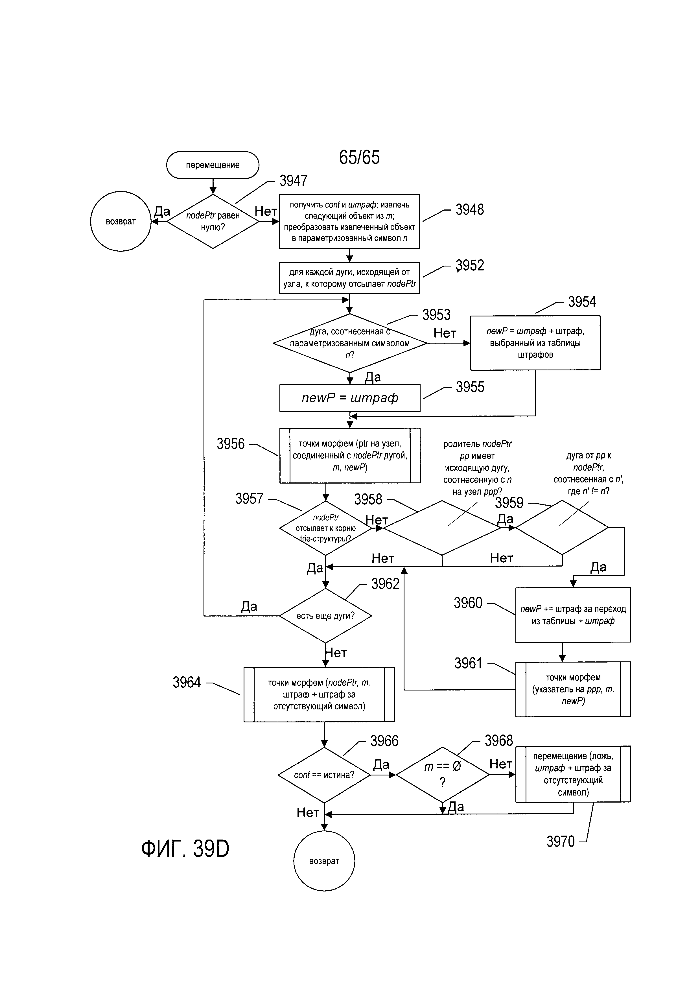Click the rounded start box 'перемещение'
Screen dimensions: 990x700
pyautogui.click(x=213, y=165)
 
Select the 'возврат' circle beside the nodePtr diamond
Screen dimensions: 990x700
pyautogui.click(x=121, y=221)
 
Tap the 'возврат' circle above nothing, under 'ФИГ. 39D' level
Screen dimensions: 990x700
pyautogui.click(x=324, y=861)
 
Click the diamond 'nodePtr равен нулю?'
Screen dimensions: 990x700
pyautogui.click(x=213, y=221)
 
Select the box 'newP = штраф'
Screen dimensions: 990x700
pyautogui.click(x=349, y=397)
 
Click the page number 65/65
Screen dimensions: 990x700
pyautogui.click(x=359, y=158)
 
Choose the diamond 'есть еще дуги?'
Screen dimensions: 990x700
pyautogui.click(x=325, y=616)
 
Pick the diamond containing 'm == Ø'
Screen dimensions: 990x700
pyautogui.click(x=442, y=774)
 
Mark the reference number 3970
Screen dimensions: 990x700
pyautogui.click(x=560, y=841)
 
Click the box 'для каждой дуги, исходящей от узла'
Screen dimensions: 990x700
pyautogui.click(x=349, y=278)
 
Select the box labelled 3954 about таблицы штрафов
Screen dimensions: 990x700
pyautogui.click(x=535, y=343)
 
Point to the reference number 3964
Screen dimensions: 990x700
pyautogui.click(x=187, y=682)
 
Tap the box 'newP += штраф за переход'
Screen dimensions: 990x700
pyautogui.click(x=573, y=615)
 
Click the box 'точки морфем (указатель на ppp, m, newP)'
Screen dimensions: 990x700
pyautogui.click(x=573, y=689)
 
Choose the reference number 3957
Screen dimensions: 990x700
pyautogui.click(x=249, y=499)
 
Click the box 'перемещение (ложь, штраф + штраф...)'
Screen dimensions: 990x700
pyautogui.click(x=573, y=774)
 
